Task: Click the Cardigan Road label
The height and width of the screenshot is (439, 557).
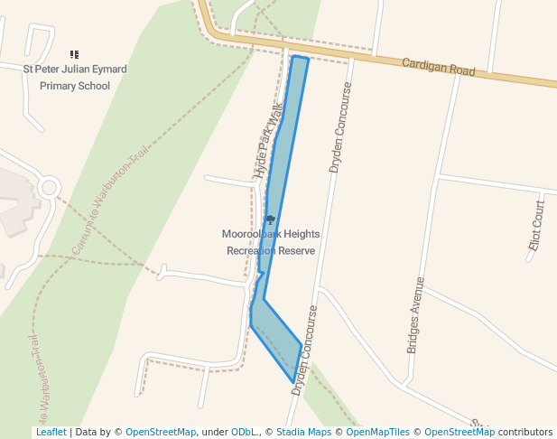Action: (x=438, y=66)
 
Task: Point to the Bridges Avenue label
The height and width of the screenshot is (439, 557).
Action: (x=414, y=314)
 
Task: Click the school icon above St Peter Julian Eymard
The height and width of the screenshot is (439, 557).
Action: (x=74, y=55)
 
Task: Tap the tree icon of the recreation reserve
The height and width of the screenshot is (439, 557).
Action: (x=270, y=219)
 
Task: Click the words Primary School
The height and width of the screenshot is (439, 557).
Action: (x=75, y=86)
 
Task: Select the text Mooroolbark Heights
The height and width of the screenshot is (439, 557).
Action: (x=270, y=234)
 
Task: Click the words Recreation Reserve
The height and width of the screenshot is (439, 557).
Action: (x=270, y=250)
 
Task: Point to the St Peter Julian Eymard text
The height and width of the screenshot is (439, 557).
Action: (x=75, y=70)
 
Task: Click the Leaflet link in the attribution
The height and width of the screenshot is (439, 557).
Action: (x=51, y=433)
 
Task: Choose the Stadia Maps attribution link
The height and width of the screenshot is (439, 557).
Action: (x=303, y=433)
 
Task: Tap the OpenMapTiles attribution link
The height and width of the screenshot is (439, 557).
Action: (x=374, y=433)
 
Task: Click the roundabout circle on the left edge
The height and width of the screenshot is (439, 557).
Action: (x=49, y=188)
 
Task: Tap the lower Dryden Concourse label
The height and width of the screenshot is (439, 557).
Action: (x=308, y=343)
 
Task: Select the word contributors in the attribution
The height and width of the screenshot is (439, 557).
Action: (x=525, y=433)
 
